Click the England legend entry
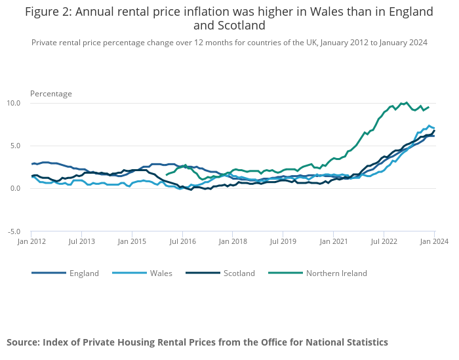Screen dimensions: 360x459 (84, 273)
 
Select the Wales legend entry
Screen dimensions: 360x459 (160, 273)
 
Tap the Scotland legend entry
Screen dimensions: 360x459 (239, 273)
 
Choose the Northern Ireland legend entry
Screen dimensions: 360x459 (336, 273)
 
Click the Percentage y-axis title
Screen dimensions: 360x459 (51, 94)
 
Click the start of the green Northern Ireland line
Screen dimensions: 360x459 (167, 174)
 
